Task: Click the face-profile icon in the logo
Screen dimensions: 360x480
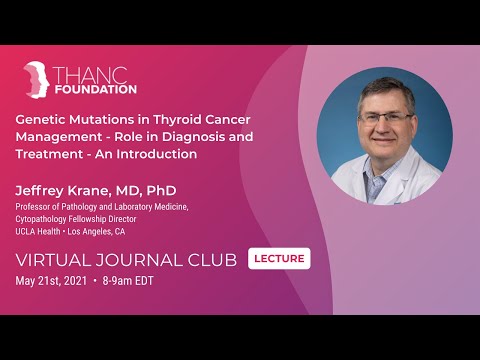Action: (37, 80)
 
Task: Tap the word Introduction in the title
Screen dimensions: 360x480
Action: (158, 155)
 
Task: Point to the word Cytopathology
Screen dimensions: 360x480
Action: (45, 218)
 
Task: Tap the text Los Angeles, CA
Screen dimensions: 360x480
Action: (97, 231)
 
